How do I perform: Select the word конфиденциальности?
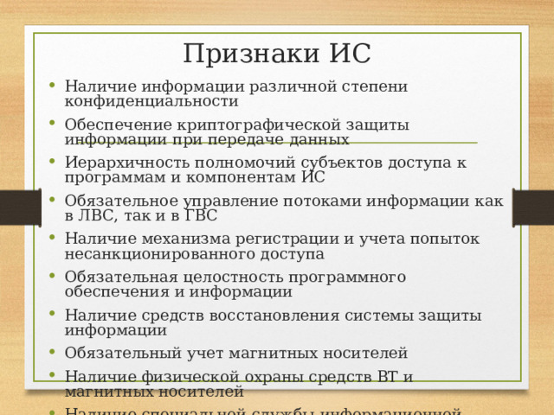[x=151, y=101]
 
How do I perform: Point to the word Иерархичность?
[x=123, y=163]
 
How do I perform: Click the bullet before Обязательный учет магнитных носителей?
[x=54, y=354]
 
